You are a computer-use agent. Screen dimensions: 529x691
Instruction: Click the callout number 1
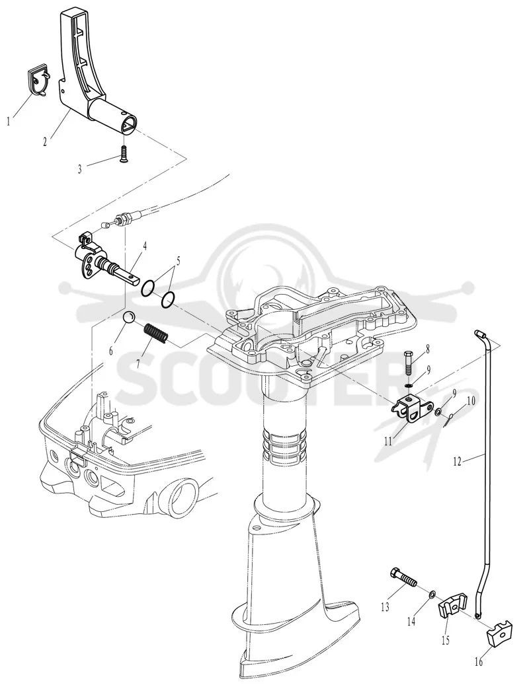(9, 121)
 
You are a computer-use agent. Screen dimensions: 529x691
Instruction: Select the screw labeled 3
(124, 154)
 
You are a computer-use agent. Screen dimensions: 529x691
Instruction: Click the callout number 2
(45, 142)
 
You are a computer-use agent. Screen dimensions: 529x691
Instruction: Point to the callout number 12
(457, 461)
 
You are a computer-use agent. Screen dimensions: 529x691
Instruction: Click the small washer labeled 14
(433, 596)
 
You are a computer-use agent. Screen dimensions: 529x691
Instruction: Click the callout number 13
(385, 607)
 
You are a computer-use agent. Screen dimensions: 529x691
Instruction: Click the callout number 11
(387, 441)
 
